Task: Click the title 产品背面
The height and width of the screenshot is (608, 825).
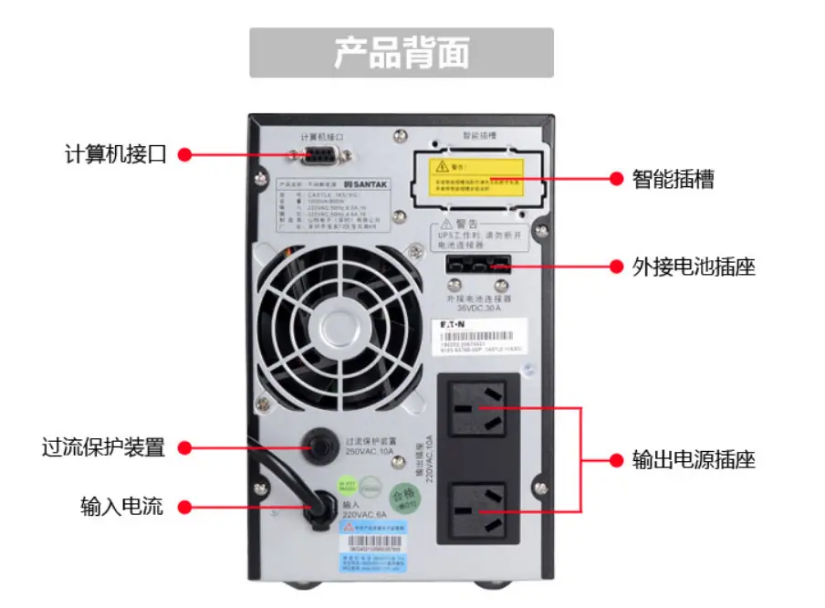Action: click(402, 52)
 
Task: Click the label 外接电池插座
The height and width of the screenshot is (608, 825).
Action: click(694, 267)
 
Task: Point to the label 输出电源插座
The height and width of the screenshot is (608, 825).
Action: click(694, 459)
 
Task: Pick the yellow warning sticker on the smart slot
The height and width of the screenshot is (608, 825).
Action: click(479, 173)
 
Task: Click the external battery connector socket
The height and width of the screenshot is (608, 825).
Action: click(478, 266)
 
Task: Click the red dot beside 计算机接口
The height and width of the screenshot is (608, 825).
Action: click(183, 154)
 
